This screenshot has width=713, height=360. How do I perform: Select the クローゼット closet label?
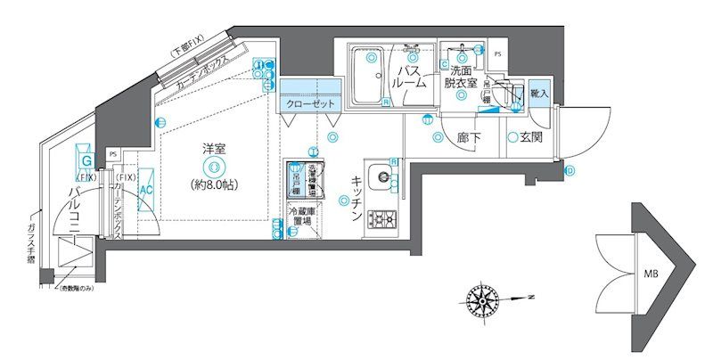[x=311, y=104]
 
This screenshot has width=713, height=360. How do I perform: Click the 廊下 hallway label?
[x=470, y=138]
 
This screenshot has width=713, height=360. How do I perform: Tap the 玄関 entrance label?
[x=531, y=138]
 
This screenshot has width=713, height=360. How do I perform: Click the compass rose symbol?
[x=482, y=297]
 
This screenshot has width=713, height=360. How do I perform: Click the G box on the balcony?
[x=86, y=160]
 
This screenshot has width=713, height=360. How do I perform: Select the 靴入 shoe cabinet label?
[x=539, y=93]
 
